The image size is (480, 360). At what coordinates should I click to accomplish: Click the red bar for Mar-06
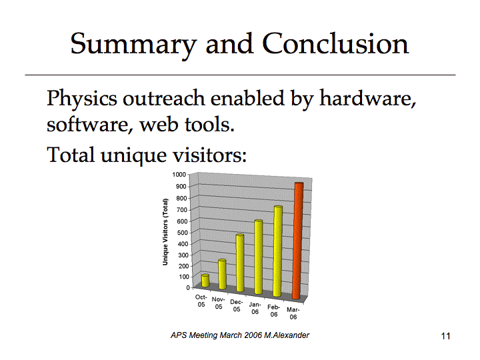pos(297,241)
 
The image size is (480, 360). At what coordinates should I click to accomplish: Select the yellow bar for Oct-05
pos(205,281)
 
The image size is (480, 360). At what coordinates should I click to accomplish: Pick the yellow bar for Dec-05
pos(240,263)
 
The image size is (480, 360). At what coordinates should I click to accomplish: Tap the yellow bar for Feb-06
pos(277,251)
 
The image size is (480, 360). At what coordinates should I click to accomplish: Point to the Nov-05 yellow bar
pos(223,274)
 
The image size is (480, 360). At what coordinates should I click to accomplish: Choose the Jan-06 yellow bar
pos(259,257)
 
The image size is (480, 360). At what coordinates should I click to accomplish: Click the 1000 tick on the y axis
pos(179,175)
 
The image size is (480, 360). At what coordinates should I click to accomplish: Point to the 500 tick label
pos(182,233)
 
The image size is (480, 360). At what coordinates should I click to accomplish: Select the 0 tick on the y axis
pos(188,288)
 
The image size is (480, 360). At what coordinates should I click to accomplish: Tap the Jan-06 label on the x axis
pos(255,308)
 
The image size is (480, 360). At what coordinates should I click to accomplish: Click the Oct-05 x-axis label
pos(201,301)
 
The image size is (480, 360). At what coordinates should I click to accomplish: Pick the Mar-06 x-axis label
pos(293,313)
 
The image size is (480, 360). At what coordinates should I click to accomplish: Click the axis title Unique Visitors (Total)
pos(165,232)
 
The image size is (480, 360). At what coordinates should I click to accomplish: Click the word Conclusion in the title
pos(335,44)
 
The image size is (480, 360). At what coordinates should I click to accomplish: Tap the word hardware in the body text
pos(367,98)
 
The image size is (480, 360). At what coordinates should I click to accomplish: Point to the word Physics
pos(82,99)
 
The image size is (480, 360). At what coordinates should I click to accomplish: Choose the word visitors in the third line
pos(209,154)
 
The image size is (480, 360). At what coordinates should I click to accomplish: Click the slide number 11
pos(446,336)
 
